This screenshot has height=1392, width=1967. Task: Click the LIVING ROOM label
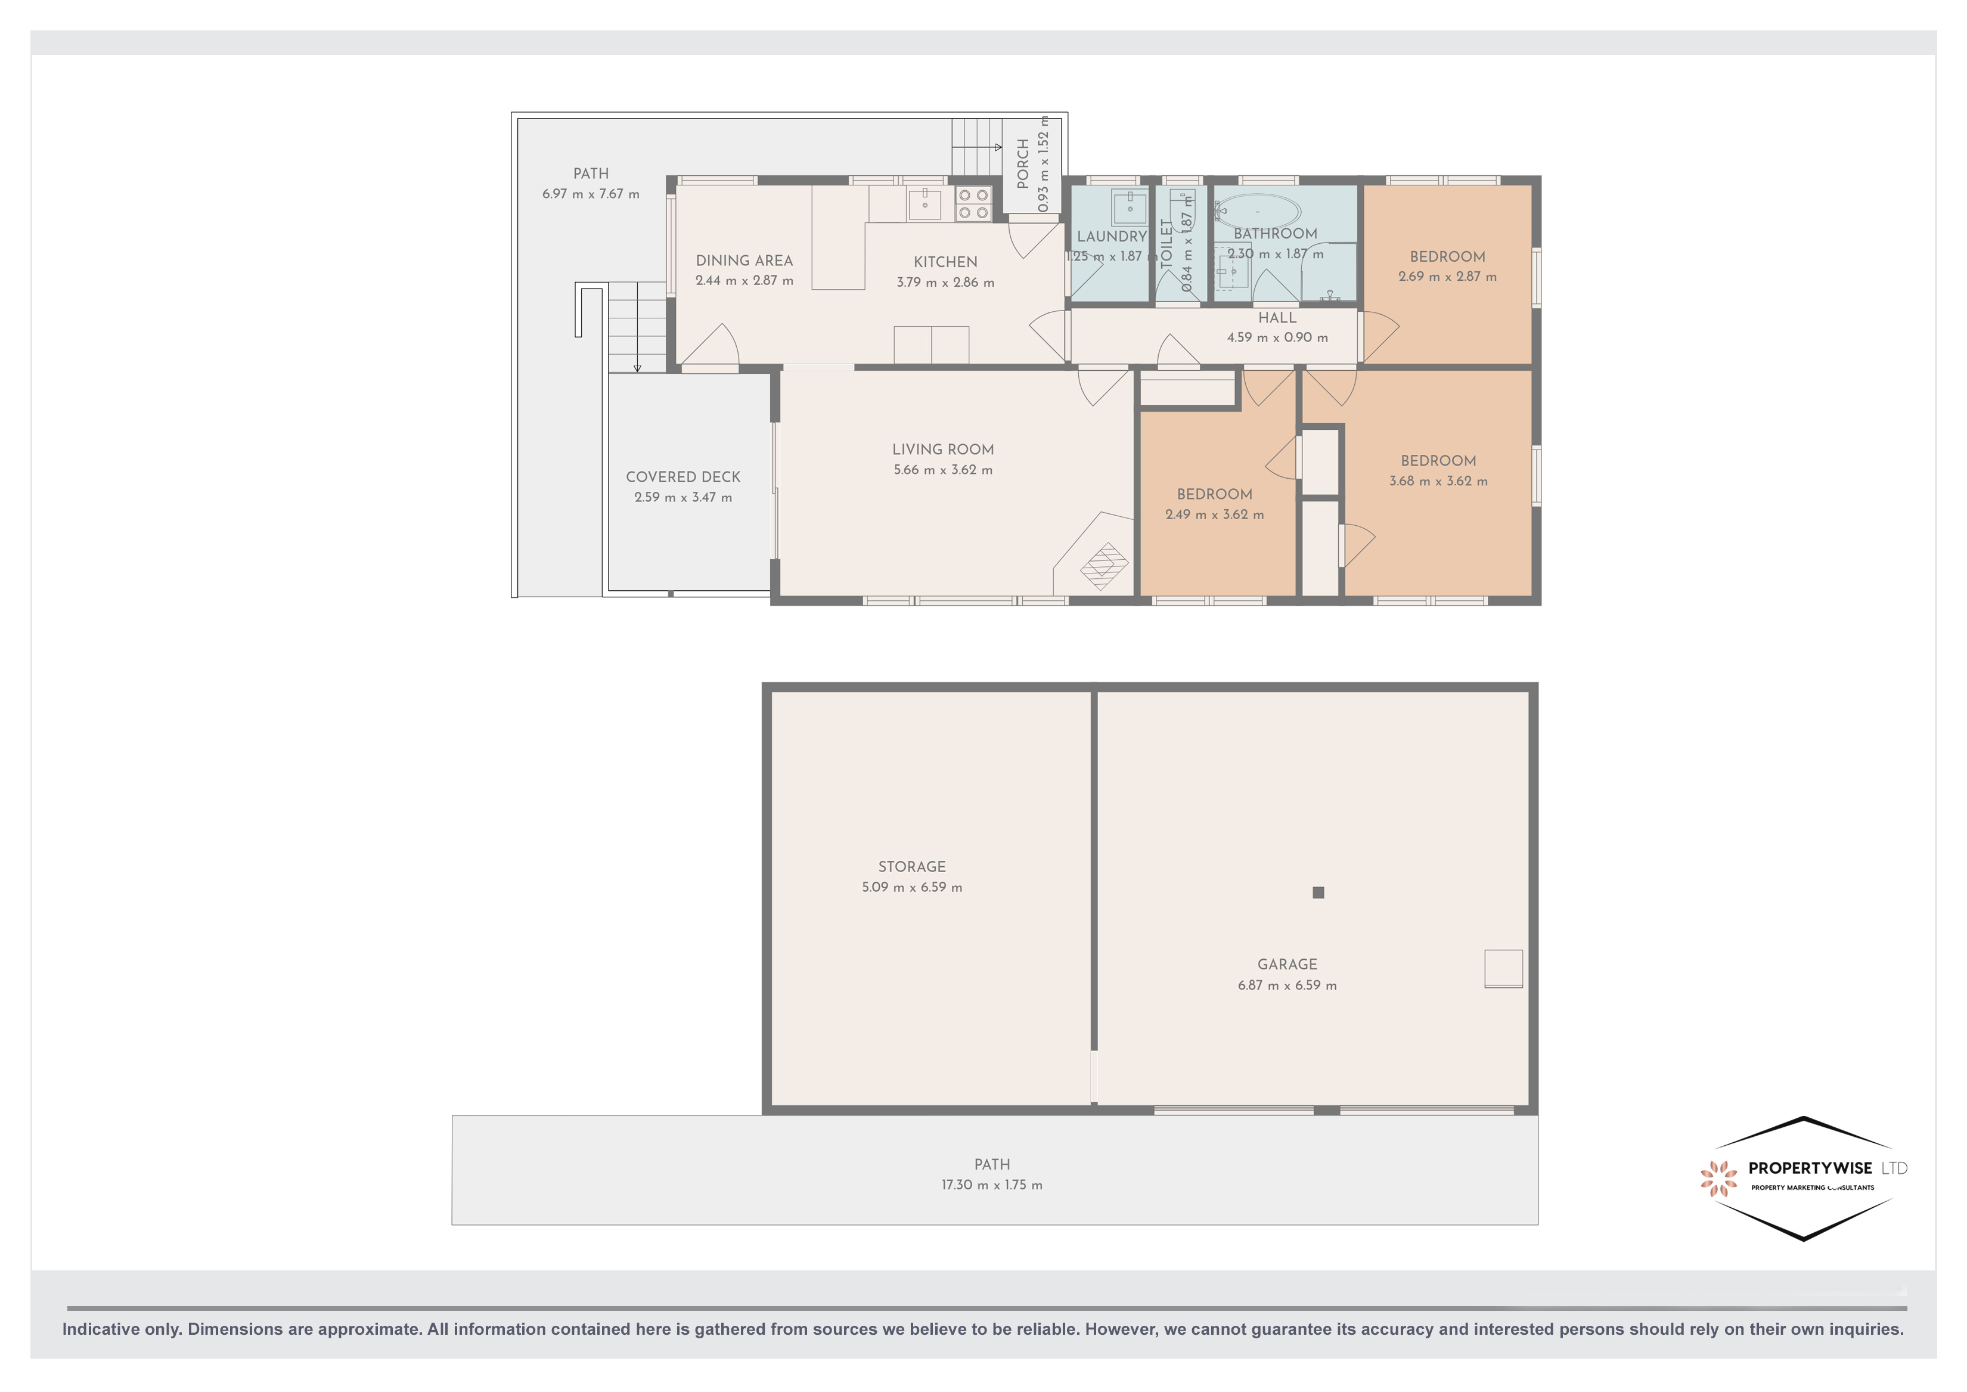(x=943, y=449)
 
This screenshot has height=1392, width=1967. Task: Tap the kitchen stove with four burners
(x=973, y=204)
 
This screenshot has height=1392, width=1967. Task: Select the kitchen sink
(x=925, y=204)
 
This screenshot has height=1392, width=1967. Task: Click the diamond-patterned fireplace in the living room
(x=1104, y=566)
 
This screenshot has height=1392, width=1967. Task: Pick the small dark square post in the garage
(x=1318, y=892)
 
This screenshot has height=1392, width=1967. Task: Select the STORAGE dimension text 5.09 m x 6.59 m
(x=912, y=887)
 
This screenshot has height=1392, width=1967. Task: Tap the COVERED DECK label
(x=683, y=476)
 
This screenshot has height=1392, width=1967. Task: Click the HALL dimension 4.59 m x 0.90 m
(x=1277, y=337)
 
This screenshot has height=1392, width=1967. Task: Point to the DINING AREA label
(x=744, y=261)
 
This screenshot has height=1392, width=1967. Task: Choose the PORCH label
(x=1022, y=164)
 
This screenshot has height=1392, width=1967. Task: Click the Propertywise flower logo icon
(x=1718, y=1178)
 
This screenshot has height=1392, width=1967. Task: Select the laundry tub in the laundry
(x=1130, y=207)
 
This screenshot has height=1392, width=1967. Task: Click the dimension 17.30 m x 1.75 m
(x=992, y=1185)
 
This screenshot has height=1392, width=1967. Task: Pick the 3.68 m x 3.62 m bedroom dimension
(x=1438, y=482)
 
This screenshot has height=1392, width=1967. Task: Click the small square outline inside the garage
(x=1503, y=969)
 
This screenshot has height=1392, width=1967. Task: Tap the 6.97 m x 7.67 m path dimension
(x=591, y=194)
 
